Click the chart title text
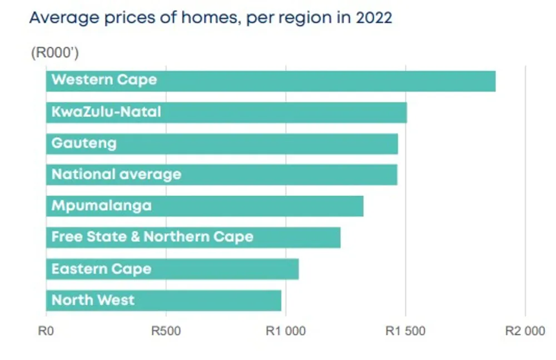click(211, 18)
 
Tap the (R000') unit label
click(55, 52)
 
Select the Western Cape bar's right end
click(495, 81)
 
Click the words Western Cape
click(105, 80)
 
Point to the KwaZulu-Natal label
click(106, 112)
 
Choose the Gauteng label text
click(84, 143)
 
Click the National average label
click(116, 174)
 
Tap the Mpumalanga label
click(101, 206)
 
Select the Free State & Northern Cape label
click(152, 237)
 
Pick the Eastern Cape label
click(101, 269)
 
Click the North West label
click(93, 300)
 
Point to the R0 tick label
click(46, 331)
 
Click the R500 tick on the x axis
click(166, 331)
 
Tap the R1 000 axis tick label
click(286, 331)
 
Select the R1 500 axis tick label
click(405, 331)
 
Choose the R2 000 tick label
click(525, 331)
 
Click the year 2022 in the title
click(374, 17)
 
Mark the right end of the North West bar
click(281, 301)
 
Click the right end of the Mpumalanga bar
click(363, 206)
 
